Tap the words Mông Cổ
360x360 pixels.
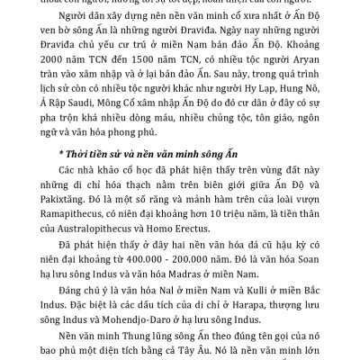[x=130, y=126]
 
